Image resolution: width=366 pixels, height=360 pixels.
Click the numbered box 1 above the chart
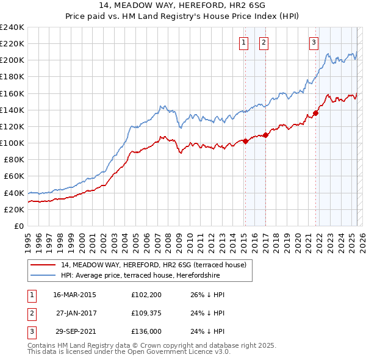[244, 42]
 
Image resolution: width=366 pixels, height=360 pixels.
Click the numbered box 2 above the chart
[264, 42]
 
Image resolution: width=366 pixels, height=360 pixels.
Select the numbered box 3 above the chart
[314, 42]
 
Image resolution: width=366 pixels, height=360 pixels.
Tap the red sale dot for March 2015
[245, 141]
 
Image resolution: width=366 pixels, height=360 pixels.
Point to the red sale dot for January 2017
[265, 135]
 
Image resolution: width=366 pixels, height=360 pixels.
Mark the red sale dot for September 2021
[316, 113]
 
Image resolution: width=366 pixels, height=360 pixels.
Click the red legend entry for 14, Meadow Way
[153, 265]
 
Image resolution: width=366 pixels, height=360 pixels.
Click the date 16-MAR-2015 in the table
[74, 295]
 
